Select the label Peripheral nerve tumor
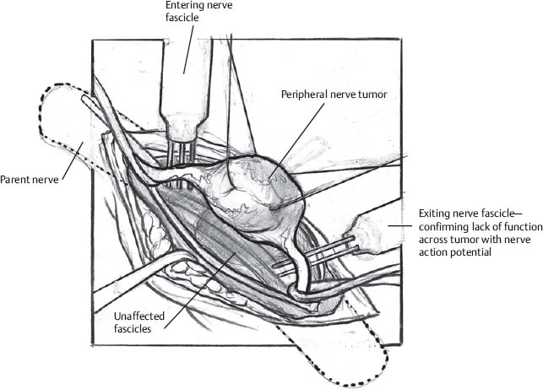(x=334, y=95)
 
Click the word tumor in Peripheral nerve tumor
(x=371, y=95)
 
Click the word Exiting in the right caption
(x=434, y=212)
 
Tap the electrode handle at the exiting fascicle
(x=372, y=234)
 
